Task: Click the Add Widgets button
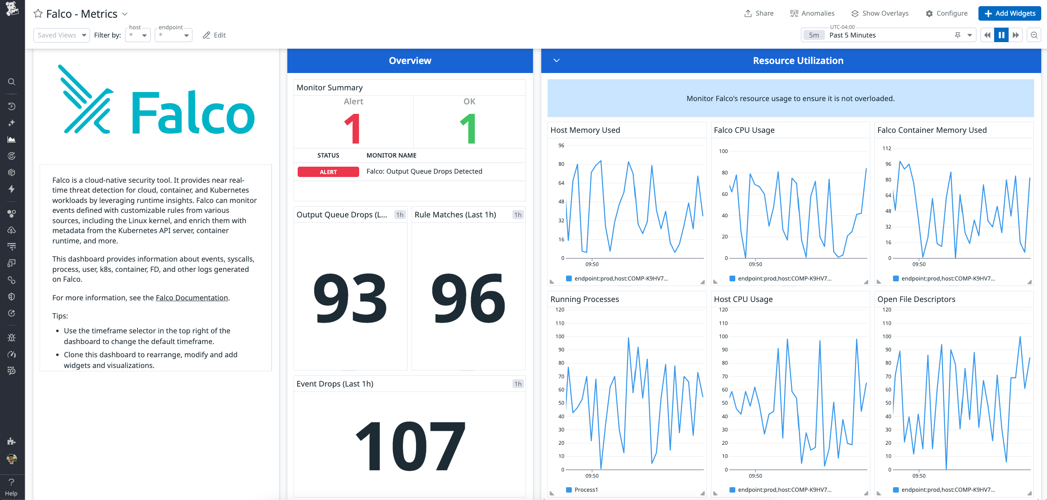1009,13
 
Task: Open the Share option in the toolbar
759,13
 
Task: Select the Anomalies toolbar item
812,13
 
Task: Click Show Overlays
880,13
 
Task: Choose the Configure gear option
947,13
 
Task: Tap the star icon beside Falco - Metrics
38,14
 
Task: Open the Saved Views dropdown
62,35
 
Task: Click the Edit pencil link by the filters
214,35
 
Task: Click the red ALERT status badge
328,172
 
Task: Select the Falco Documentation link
192,297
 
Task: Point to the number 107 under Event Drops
410,447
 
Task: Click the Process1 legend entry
586,490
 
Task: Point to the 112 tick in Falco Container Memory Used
886,148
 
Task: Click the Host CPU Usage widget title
743,299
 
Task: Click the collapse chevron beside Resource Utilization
557,61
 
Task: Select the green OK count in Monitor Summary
469,129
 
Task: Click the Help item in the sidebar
11,487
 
